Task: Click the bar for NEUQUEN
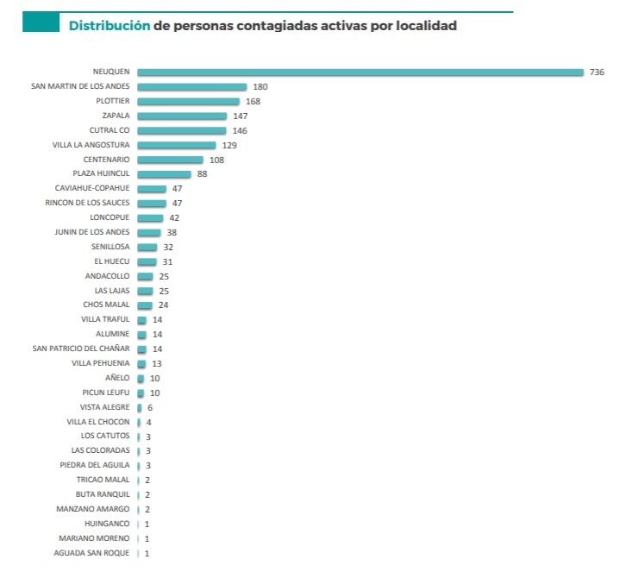(360, 72)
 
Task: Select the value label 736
(597, 72)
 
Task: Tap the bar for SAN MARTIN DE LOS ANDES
(191, 86)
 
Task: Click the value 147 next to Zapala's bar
(241, 116)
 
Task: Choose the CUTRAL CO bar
(181, 130)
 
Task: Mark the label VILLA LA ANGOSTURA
(91, 145)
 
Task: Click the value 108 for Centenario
(216, 160)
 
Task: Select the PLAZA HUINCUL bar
(164, 174)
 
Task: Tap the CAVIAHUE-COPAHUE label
(93, 188)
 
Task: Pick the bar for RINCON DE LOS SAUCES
(152, 203)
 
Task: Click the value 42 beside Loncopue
(174, 217)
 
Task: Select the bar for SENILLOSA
(147, 247)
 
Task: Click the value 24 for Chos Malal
(164, 305)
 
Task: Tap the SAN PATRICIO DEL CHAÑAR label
(81, 349)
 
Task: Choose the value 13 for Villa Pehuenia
(157, 363)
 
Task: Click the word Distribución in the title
(110, 26)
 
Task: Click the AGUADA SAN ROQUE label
(91, 552)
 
